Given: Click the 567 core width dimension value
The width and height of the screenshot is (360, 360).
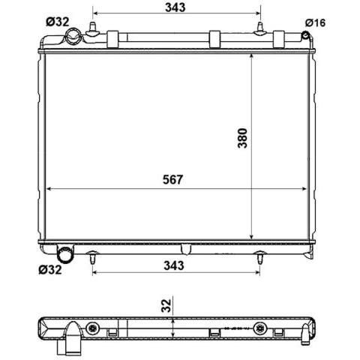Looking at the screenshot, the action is tap(172, 179).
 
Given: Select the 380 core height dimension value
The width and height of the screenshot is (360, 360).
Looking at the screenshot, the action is tap(242, 138).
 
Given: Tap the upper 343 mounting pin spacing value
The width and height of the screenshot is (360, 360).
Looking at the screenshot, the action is tap(175, 7).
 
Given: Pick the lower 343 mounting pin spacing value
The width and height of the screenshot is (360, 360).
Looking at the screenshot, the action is tap(174, 265).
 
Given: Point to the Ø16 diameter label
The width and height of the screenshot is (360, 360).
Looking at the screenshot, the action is tap(315, 22).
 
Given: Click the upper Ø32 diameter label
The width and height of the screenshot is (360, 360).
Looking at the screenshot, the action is tap(58, 22).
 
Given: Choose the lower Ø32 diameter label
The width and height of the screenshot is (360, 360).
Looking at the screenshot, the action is tap(50, 270).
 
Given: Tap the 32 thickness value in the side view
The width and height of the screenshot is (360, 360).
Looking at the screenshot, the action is tap(166, 305).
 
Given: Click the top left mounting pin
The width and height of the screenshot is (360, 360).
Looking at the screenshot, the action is tap(93, 29).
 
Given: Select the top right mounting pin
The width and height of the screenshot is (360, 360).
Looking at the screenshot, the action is tap(260, 29).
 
